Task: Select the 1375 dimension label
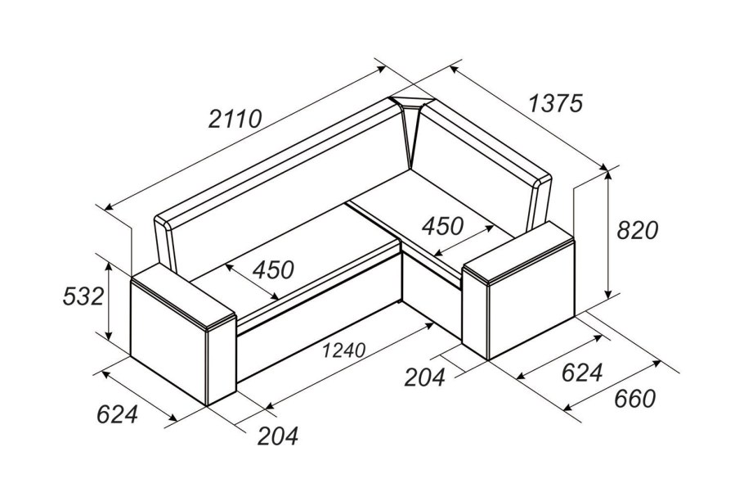556,103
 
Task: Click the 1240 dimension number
343,350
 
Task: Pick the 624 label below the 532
117,414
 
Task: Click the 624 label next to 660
581,373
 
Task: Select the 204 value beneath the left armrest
278,436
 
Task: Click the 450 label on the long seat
273,269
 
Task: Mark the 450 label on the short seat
442,224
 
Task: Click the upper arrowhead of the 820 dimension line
608,172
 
